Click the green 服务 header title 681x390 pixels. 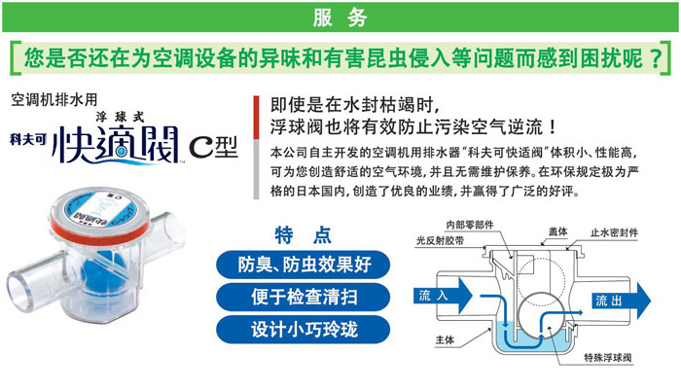pos(340,18)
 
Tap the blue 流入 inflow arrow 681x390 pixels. pos(443,296)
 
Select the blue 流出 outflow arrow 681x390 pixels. pos(622,301)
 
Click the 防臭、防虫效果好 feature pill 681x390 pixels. pos(304,265)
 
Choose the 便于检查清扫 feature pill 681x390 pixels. pos(304,297)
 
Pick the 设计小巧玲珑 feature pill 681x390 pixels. pos(304,329)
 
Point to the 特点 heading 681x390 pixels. pos(303,235)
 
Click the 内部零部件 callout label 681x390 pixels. pos(470,225)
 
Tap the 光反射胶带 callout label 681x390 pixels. pos(440,240)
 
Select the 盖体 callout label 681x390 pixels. pos(558,231)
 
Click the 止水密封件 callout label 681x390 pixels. pos(614,232)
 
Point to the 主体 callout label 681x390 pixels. pos(445,339)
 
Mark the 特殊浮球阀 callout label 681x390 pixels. pos(608,358)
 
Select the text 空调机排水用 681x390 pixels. pos(54,100)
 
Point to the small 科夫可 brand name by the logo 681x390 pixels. pos(28,139)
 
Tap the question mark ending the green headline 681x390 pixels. pos(656,58)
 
